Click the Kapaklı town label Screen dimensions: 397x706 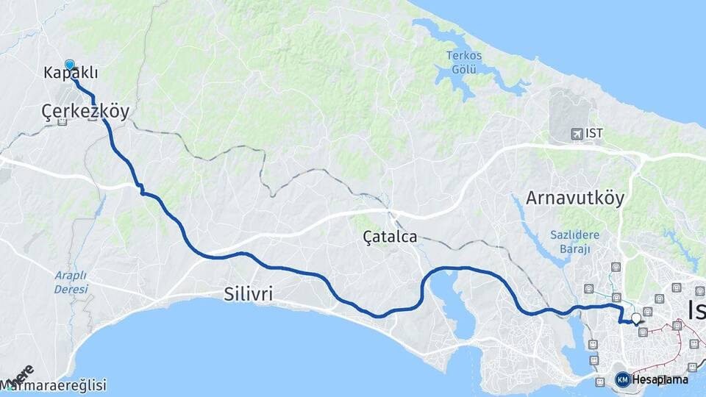pos(71,74)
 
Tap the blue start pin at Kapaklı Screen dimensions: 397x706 pos(70,65)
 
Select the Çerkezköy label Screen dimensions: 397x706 pos(85,112)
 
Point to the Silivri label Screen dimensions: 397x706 pos(249,295)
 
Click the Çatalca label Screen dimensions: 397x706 pos(391,237)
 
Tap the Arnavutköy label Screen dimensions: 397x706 pos(575,198)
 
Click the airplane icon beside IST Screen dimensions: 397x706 pos(577,134)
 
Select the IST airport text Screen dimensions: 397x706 pos(593,134)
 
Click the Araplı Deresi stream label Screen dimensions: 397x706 pos(71,282)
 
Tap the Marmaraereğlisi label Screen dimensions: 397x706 pos(54,385)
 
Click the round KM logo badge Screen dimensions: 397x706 pos(622,379)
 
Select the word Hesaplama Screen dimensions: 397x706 pos(660,380)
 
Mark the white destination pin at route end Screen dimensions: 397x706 pos(636,319)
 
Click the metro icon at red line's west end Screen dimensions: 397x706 pos(643,332)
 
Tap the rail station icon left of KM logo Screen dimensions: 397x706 pos(600,381)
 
